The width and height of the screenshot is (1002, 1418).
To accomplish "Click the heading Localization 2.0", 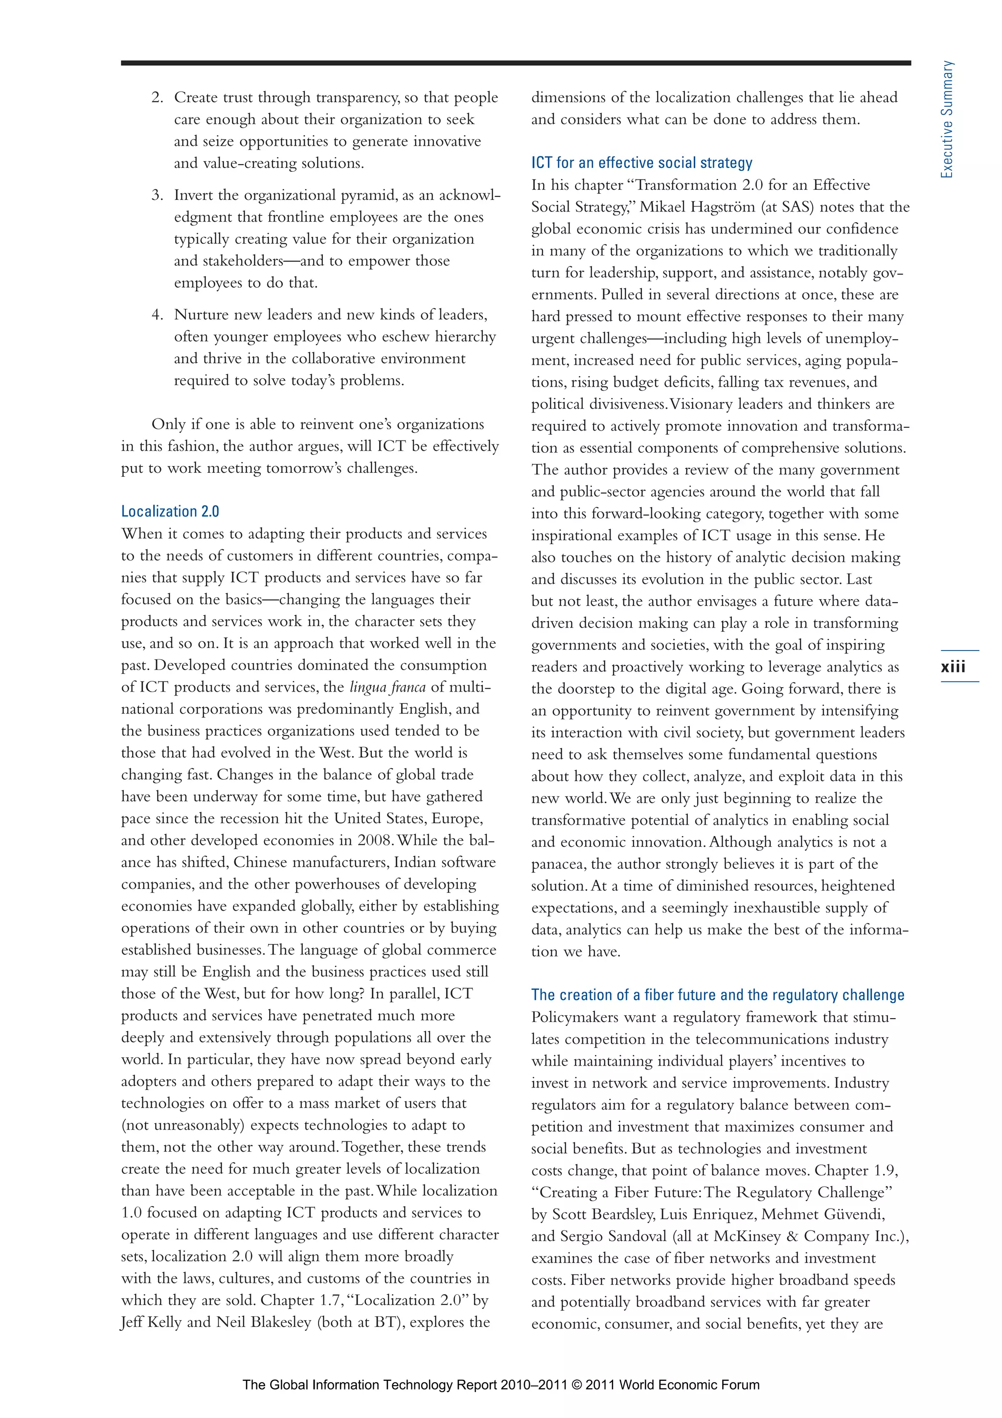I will [x=170, y=511].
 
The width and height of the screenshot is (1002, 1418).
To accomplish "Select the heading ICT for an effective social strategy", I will [x=641, y=163].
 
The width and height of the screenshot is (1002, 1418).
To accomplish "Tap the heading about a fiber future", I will [x=717, y=995].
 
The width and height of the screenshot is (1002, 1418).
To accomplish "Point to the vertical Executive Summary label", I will [x=946, y=119].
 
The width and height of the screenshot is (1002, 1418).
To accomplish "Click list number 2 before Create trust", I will [x=158, y=97].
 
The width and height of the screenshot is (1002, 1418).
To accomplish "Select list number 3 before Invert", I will [x=158, y=195].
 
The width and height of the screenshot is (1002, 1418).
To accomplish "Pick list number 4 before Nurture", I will [x=158, y=315].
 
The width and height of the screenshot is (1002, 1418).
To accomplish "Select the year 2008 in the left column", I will [x=374, y=840].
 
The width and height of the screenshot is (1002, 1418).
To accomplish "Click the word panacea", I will [x=557, y=864].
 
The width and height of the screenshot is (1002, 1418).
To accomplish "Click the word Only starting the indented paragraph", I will [x=168, y=425].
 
